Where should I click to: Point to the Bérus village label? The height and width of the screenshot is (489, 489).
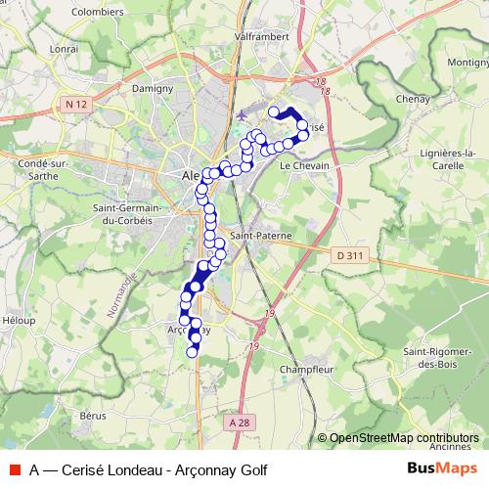[x=94, y=416]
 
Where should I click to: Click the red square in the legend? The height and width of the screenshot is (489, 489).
[x=14, y=468]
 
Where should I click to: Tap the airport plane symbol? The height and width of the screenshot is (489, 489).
[x=243, y=117]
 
